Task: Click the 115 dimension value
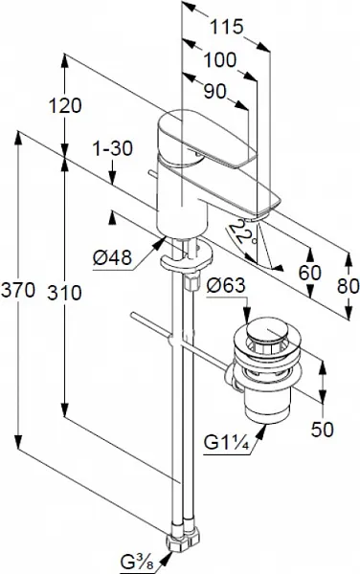click(x=226, y=27)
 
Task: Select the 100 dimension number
click(x=220, y=59)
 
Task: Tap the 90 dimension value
click(x=215, y=91)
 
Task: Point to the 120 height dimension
click(x=65, y=106)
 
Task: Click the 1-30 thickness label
click(x=112, y=148)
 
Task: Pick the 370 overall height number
click(x=18, y=290)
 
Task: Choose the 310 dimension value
click(x=64, y=293)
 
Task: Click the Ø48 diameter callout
click(x=112, y=258)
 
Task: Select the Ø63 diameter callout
click(x=225, y=285)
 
